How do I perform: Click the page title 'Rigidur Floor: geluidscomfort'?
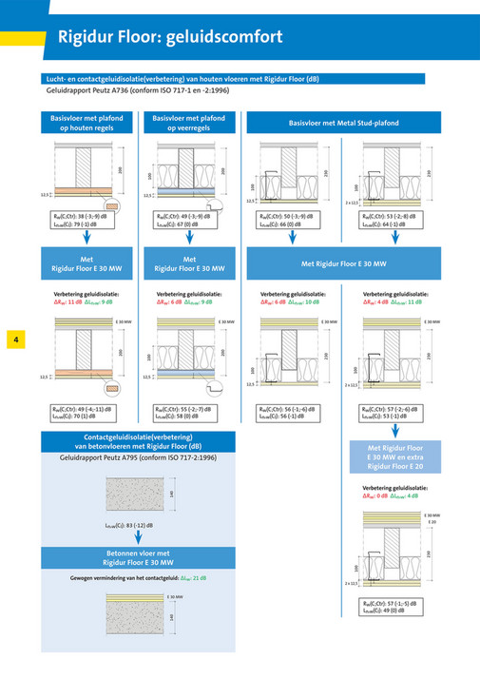pyautogui.click(x=169, y=37)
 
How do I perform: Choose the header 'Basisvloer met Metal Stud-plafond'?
pyautogui.click(x=344, y=123)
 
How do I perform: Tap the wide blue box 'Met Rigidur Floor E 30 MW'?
pyautogui.click(x=344, y=262)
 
